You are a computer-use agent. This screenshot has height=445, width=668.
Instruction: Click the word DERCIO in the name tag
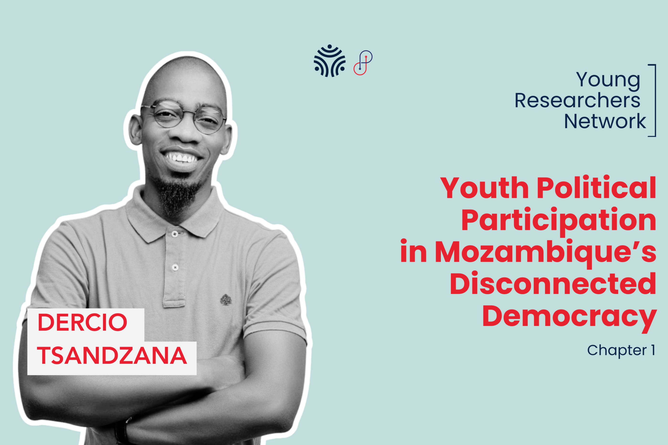(82, 322)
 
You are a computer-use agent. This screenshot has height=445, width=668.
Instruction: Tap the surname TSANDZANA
(112, 356)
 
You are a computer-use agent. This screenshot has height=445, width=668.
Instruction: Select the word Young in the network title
(608, 81)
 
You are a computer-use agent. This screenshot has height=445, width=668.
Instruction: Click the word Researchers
(577, 101)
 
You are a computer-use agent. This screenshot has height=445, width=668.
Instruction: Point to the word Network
(605, 121)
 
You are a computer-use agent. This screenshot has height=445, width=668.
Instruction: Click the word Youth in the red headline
(484, 188)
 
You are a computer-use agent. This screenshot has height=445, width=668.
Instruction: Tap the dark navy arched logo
(329, 61)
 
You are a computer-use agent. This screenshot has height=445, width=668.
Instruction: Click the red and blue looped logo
(363, 63)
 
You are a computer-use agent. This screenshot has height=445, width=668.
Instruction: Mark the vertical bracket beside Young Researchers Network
(655, 101)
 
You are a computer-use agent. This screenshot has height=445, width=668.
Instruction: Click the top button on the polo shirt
(175, 234)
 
